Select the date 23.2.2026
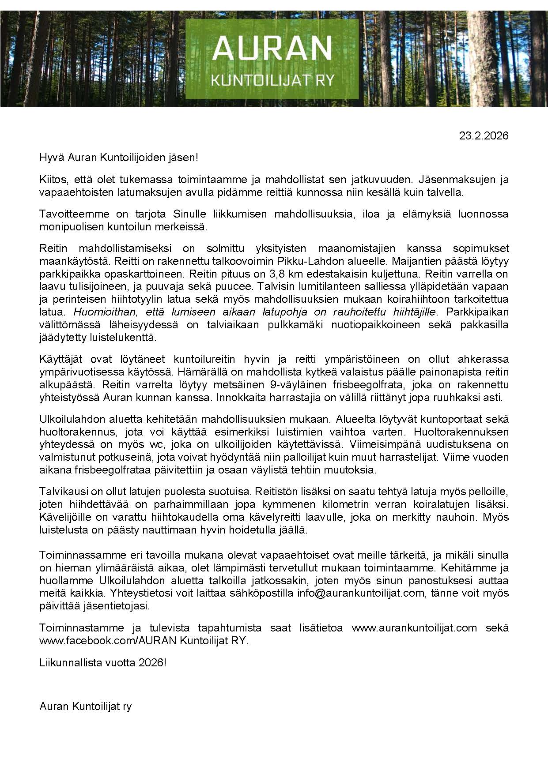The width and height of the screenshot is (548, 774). click(x=484, y=135)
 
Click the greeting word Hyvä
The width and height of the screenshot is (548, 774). click(x=49, y=158)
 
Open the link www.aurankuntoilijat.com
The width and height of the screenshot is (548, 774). click(x=414, y=628)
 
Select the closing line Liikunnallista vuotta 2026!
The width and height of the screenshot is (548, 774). click(x=103, y=663)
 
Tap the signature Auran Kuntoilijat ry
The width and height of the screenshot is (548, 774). click(x=86, y=706)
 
